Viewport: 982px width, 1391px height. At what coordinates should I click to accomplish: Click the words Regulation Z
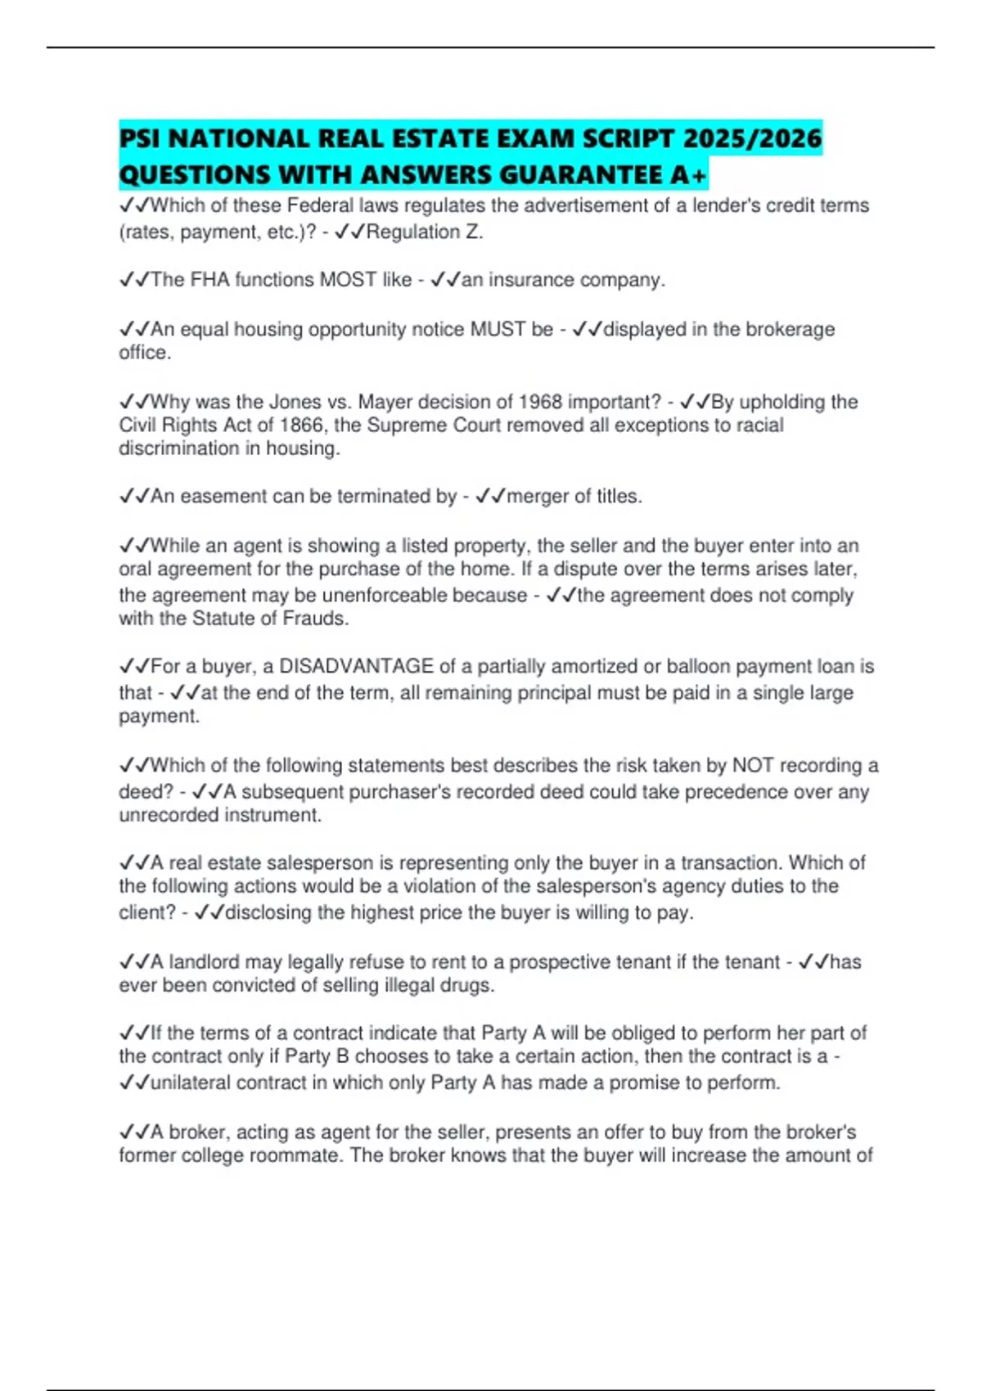tap(424, 232)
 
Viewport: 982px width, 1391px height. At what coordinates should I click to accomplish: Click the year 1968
tap(540, 402)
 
